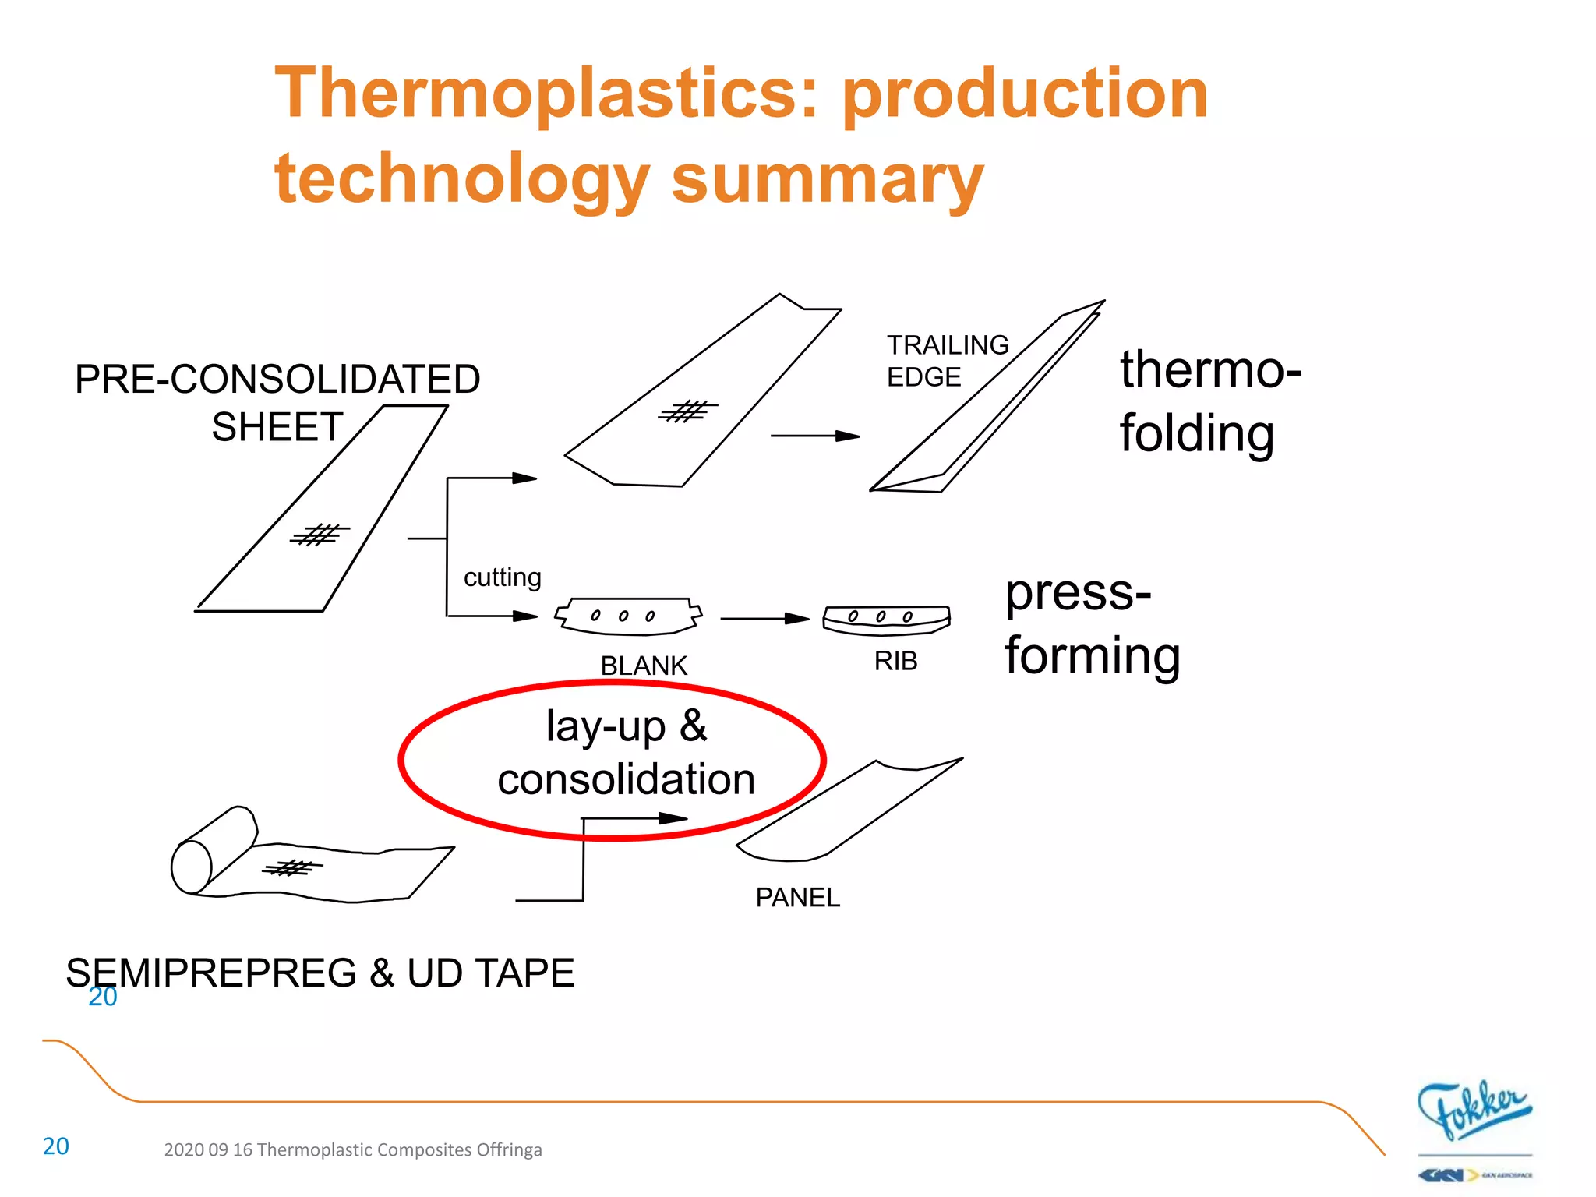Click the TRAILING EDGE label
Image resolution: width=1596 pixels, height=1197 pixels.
coord(947,361)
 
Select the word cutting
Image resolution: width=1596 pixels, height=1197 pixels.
coord(502,577)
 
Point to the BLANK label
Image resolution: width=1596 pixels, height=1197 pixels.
coord(644,666)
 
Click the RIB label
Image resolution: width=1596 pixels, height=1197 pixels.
coord(895,661)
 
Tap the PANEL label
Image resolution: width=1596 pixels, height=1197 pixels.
coord(797,897)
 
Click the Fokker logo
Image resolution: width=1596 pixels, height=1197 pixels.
coord(1473,1110)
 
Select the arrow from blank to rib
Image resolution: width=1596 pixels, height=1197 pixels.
coord(764,619)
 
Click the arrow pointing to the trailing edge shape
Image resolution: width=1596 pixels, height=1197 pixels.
coord(814,436)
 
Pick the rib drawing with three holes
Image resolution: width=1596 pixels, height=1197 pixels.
coord(886,620)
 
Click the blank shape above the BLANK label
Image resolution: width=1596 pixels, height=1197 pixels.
coord(628,616)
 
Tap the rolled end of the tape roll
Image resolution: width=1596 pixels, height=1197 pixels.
coord(192,867)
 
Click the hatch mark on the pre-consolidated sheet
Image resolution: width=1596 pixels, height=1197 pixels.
coord(319,535)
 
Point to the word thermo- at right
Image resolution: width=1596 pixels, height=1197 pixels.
coord(1210,369)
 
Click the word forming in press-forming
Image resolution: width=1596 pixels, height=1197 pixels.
coord(1092,655)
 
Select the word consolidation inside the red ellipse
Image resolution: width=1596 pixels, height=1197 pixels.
coord(626,779)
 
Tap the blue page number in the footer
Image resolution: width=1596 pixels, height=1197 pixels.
coord(55,1146)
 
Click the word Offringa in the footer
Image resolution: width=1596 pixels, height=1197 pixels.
coord(509,1149)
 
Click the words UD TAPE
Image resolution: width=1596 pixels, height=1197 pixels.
coord(490,973)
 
